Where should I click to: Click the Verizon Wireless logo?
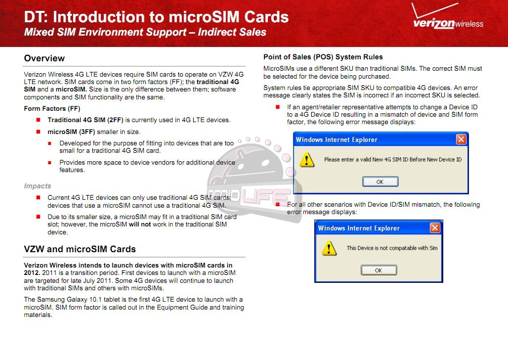coord(448,16)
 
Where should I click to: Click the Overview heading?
coord(44,58)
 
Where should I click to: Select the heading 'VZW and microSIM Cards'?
coord(80,249)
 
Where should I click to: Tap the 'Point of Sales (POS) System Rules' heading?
coord(323,57)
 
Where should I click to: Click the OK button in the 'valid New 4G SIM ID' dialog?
coord(380,181)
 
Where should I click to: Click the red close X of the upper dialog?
coord(461,139)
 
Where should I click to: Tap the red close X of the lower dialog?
coord(435,228)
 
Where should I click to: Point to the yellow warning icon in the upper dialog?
coord(306,160)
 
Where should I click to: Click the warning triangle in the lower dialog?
coord(329,248)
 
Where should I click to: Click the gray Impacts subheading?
coord(38,186)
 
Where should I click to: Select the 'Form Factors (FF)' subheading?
coord(52,109)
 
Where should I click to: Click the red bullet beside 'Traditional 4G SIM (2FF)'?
coord(38,120)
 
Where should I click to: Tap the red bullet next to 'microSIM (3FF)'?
coord(38,132)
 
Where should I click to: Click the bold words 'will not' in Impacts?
coord(140,225)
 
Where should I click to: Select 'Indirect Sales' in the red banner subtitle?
coord(232,32)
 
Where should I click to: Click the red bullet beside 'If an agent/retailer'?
coord(278,107)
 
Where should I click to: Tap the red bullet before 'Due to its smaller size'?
coord(38,217)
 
